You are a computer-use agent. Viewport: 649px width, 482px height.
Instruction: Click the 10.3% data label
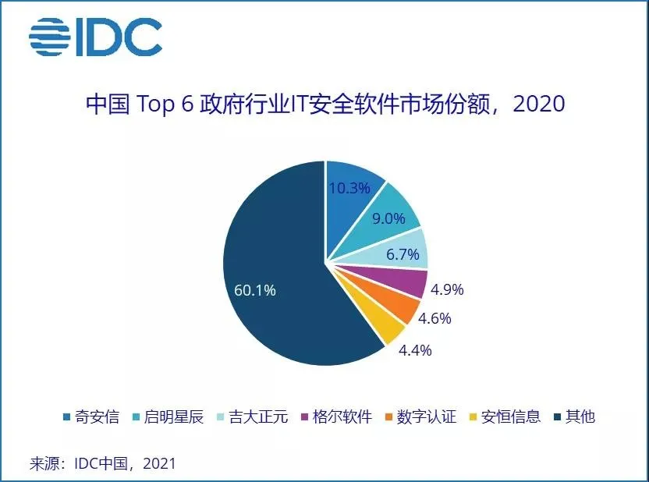[x=349, y=188]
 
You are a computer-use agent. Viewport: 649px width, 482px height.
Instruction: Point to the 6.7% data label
[x=403, y=254]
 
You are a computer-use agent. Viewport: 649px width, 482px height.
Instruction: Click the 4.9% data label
[x=447, y=289]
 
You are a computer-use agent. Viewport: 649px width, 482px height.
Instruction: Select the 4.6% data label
[x=434, y=318]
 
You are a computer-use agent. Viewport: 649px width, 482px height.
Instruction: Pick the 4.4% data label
[x=415, y=349]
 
